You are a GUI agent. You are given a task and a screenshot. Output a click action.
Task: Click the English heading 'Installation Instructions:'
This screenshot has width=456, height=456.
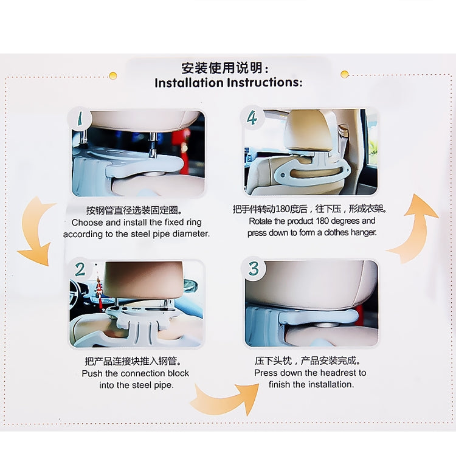point(228,83)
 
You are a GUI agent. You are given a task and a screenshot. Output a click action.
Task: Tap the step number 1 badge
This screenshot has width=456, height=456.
point(81,120)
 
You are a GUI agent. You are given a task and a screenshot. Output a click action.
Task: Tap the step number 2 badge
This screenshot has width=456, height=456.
point(81,268)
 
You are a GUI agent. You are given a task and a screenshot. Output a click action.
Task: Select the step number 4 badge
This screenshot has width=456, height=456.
point(253,117)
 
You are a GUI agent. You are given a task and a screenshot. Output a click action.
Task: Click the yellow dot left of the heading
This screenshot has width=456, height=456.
point(112,75)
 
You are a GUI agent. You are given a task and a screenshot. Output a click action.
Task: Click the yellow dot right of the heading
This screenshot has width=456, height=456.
point(345,74)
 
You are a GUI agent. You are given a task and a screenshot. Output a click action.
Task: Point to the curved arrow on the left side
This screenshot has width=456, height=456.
point(35,231)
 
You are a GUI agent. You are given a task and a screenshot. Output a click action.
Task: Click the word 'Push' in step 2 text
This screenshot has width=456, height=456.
point(92,373)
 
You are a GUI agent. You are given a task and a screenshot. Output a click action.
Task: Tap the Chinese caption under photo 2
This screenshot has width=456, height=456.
point(135,361)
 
